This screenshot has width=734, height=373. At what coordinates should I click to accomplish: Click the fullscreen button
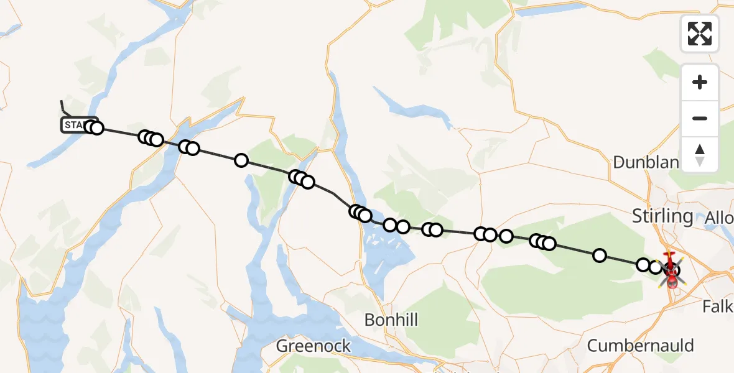pos(700,34)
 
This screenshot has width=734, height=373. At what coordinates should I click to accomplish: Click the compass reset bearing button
pos(700,155)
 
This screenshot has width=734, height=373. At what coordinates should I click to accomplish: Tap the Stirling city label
pos(662,216)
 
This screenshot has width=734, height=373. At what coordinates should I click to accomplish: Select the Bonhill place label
pos(391,320)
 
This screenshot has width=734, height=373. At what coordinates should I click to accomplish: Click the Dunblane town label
pos(647,162)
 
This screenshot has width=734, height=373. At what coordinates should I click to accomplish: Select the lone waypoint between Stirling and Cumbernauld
pos(600,255)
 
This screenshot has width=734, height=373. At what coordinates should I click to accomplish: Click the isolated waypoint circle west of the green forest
pos(241,161)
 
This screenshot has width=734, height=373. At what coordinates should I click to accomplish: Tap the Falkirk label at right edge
pos(718,306)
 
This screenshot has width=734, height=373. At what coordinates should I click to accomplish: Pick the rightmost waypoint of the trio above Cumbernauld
pos(549,243)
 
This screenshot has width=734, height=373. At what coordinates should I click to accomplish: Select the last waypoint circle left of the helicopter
pos(655,267)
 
